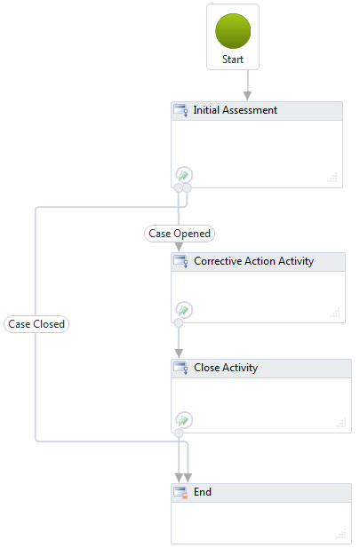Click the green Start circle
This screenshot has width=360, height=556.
pyautogui.click(x=233, y=31)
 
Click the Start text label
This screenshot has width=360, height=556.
pyautogui.click(x=233, y=60)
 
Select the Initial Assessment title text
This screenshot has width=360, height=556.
pyautogui.click(x=235, y=110)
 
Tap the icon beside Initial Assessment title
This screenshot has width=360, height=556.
pyautogui.click(x=180, y=110)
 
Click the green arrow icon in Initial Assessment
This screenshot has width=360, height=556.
pyautogui.click(x=184, y=175)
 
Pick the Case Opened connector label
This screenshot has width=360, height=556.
pyautogui.click(x=180, y=234)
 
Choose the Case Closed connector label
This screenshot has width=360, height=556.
pyautogui.click(x=36, y=324)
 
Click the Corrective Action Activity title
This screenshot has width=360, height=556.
pyautogui.click(x=254, y=261)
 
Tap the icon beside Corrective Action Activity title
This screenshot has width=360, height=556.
pyautogui.click(x=180, y=261)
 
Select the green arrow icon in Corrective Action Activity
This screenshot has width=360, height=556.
pyautogui.click(x=184, y=310)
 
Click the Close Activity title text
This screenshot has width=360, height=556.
pyautogui.click(x=226, y=368)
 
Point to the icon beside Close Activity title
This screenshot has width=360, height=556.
pyautogui.click(x=180, y=368)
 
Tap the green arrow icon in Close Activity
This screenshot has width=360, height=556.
pyautogui.click(x=184, y=420)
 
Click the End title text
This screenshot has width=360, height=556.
pyautogui.click(x=203, y=492)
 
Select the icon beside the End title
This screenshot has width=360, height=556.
pyautogui.click(x=180, y=493)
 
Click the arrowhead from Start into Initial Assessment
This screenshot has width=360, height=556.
pyautogui.click(x=247, y=96)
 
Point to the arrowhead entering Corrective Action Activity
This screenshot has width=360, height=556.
pyautogui.click(x=179, y=247)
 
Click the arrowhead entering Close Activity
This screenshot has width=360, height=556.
pyautogui.click(x=179, y=353)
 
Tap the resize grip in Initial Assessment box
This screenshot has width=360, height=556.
pyautogui.click(x=332, y=178)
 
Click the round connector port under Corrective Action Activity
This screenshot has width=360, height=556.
pyautogui.click(x=179, y=322)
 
